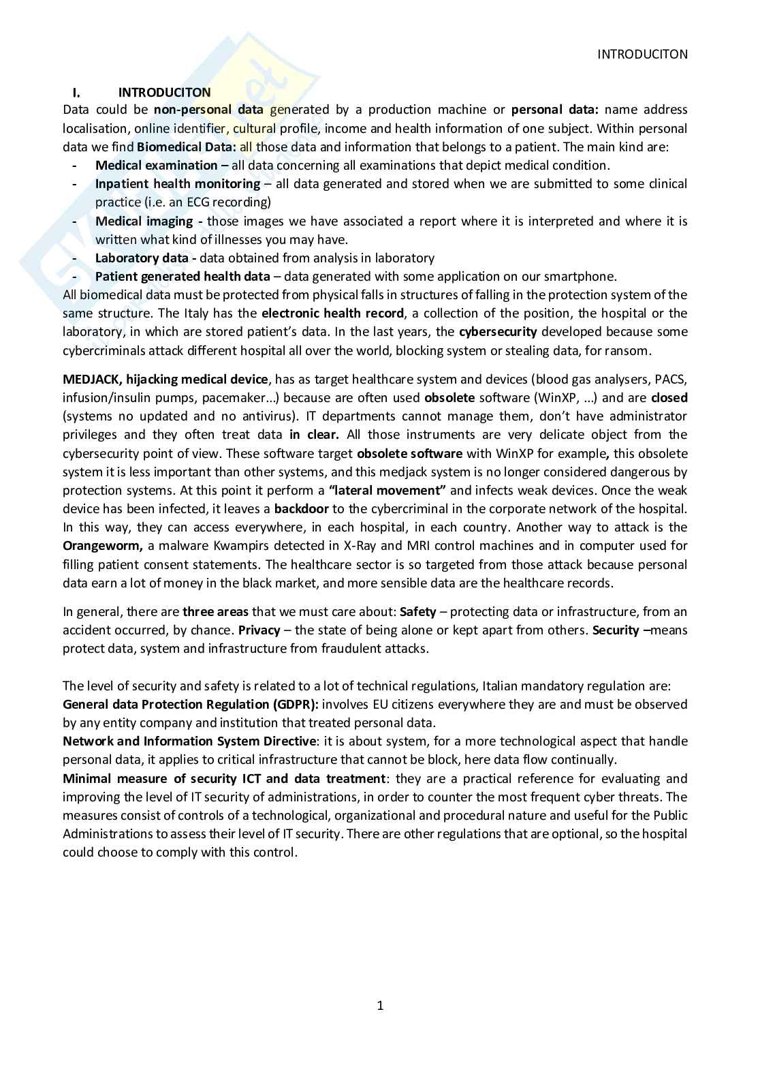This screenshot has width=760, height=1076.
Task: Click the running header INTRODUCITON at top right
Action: click(x=642, y=55)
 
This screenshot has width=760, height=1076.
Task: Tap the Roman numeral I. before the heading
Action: click(x=77, y=92)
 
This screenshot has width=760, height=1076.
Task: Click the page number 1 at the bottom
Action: click(x=380, y=1005)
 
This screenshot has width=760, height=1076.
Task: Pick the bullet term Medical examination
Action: click(x=156, y=166)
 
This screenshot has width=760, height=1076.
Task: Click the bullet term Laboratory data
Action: click(x=142, y=258)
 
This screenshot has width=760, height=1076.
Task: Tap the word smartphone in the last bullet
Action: click(x=586, y=277)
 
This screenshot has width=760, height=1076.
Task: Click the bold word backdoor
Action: click(x=301, y=509)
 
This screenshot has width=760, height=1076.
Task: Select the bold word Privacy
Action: click(x=259, y=630)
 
